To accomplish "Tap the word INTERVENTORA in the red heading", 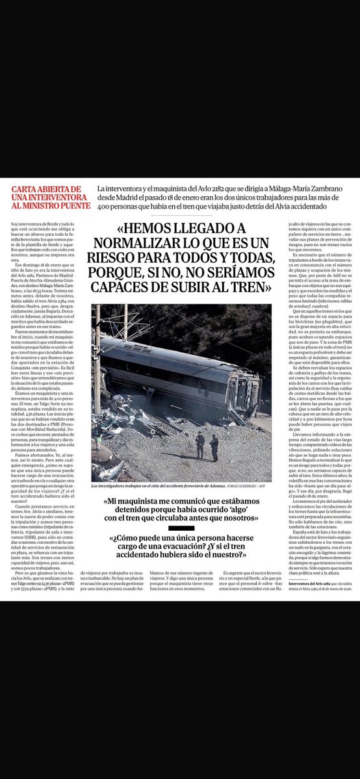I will (49, 199).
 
